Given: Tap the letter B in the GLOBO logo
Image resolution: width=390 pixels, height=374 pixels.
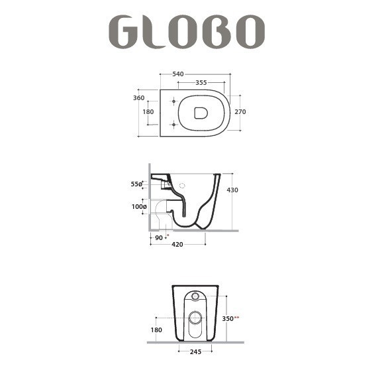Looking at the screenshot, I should coord(218,32).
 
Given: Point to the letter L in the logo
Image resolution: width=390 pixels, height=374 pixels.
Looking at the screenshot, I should coord(153,32).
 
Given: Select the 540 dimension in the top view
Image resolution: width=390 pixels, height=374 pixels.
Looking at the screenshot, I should coord(177,74).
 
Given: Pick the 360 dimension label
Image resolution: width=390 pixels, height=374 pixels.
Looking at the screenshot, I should coord(138,98).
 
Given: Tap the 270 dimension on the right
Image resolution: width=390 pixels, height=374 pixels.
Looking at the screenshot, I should coord(240,112).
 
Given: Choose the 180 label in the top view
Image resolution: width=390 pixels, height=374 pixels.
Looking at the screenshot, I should coord(148,112).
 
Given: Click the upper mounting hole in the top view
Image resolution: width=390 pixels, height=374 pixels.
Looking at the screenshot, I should coord(173,101).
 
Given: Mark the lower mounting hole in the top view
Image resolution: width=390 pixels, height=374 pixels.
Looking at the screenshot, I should coord(173,124).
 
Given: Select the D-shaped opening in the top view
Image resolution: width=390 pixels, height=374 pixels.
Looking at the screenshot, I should coord(201,112).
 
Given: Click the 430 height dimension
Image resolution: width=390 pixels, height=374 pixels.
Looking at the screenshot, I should coord(232,190).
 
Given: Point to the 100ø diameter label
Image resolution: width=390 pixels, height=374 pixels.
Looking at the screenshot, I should coord(138,207).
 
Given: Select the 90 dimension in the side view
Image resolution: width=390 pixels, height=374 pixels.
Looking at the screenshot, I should coord(159,237).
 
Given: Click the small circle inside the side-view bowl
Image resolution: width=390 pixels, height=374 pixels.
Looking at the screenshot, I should coord(183,186).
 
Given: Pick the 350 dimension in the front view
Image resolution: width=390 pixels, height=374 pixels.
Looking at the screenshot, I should coord(226,318).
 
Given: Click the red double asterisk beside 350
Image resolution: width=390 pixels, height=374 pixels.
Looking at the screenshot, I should coord(236,318).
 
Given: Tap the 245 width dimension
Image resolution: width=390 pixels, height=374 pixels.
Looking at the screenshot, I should coord(195,351).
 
